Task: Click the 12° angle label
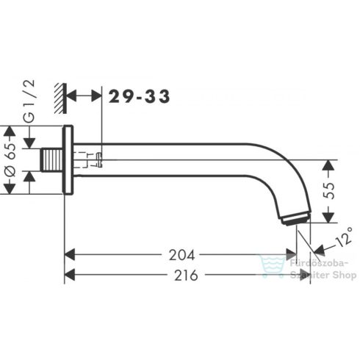pyautogui.click(x=336, y=240)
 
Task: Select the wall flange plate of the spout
pyautogui.click(x=68, y=160)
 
